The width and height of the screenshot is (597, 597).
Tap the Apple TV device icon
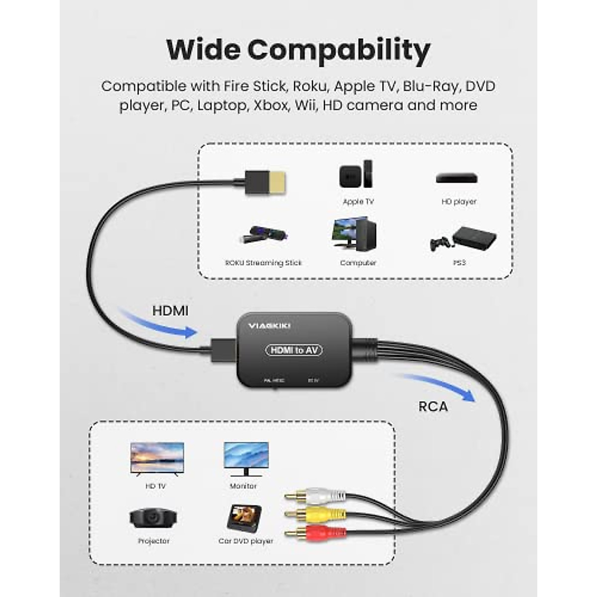pyautogui.click(x=356, y=175)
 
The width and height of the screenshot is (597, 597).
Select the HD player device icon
pyautogui.click(x=457, y=178)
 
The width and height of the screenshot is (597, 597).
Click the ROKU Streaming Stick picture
pyautogui.click(x=263, y=235)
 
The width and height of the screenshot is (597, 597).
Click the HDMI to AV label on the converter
pyautogui.click(x=294, y=350)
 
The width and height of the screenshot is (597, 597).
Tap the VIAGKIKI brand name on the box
pyautogui.click(x=269, y=326)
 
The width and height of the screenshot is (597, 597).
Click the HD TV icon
pyautogui.click(x=157, y=457)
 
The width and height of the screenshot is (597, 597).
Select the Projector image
pyautogui.click(x=153, y=518)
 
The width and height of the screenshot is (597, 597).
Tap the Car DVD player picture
pyautogui.click(x=244, y=518)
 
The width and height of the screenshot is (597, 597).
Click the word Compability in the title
pyautogui.click(x=339, y=50)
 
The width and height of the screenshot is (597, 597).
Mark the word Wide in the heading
pyautogui.click(x=203, y=49)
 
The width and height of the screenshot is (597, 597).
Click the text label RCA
pyautogui.click(x=433, y=406)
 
